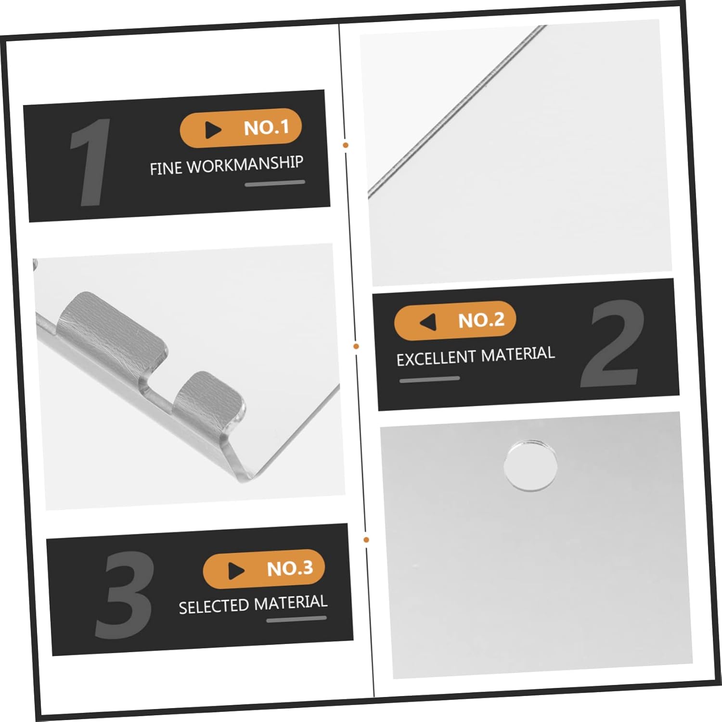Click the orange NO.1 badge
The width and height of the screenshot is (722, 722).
point(241,128)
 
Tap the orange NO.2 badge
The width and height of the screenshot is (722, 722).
point(455,321)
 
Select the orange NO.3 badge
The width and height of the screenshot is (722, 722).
point(264,569)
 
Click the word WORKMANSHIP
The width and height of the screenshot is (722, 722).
point(245,165)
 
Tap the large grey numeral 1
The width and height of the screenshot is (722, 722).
point(90,162)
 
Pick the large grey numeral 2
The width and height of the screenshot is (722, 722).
point(613,343)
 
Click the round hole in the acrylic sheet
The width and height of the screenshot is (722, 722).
point(530,465)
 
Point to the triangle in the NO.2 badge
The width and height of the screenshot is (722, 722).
point(427,322)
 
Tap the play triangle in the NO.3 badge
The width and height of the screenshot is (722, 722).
point(236,571)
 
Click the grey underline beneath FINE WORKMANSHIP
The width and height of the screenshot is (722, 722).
point(275,183)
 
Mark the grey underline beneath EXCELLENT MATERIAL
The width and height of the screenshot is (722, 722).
point(429,379)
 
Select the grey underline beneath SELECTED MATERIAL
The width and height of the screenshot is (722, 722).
point(297,619)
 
